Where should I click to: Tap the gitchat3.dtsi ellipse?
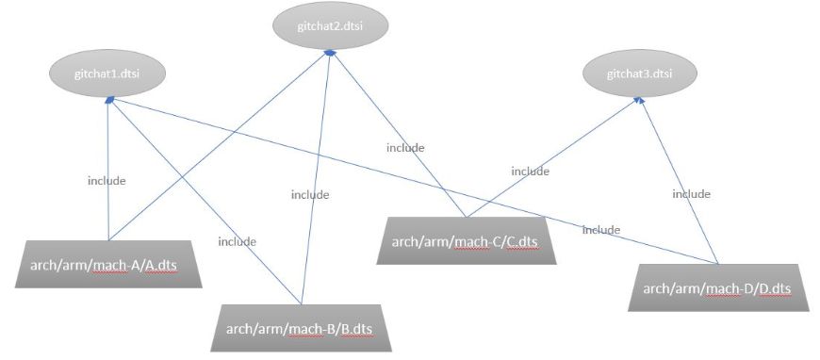(639, 72)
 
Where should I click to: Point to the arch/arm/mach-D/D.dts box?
(717, 287)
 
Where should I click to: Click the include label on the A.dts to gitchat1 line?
(107, 180)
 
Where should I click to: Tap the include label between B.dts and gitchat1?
(237, 241)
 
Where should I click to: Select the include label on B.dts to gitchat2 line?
(309, 195)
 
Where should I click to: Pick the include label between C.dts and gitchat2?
(405, 147)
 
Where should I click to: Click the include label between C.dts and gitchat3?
(530, 172)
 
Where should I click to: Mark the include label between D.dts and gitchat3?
(691, 194)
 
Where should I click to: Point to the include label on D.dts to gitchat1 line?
(600, 229)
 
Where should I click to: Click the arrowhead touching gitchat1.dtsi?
(109, 99)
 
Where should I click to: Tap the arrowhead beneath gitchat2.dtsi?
(329, 53)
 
